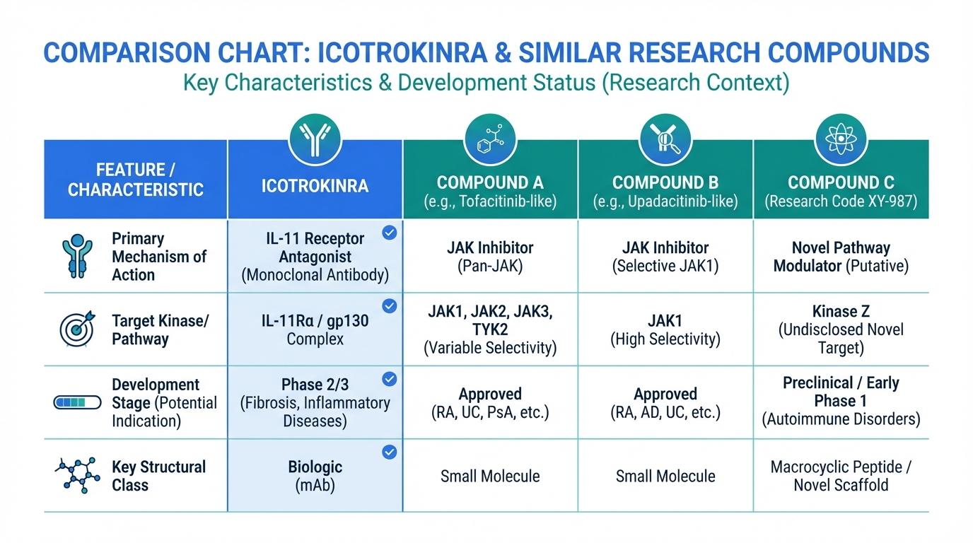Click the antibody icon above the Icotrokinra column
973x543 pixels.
[x=315, y=139]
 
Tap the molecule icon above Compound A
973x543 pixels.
[x=490, y=139]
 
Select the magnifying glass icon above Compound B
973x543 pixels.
[x=665, y=139]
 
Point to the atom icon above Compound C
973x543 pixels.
[x=841, y=139]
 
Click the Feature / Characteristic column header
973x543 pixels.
[x=136, y=180]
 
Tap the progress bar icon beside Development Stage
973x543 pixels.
[x=73, y=402]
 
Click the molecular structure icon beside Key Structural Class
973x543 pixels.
[x=73, y=475]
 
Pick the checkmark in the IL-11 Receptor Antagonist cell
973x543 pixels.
[x=389, y=233]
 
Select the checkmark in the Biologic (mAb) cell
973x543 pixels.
[x=389, y=452]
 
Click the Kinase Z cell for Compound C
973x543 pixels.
[x=841, y=329]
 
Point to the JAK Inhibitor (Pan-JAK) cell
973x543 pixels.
[x=490, y=257]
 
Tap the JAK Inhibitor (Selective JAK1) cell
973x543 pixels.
[x=665, y=257]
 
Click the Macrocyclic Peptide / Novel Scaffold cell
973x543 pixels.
[x=841, y=476]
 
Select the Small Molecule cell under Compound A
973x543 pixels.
[x=490, y=476]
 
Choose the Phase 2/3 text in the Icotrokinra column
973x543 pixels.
[x=315, y=385]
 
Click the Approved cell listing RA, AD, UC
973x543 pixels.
[x=665, y=403]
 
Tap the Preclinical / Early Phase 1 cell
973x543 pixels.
[x=841, y=392]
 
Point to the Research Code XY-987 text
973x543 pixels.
[x=841, y=202]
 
